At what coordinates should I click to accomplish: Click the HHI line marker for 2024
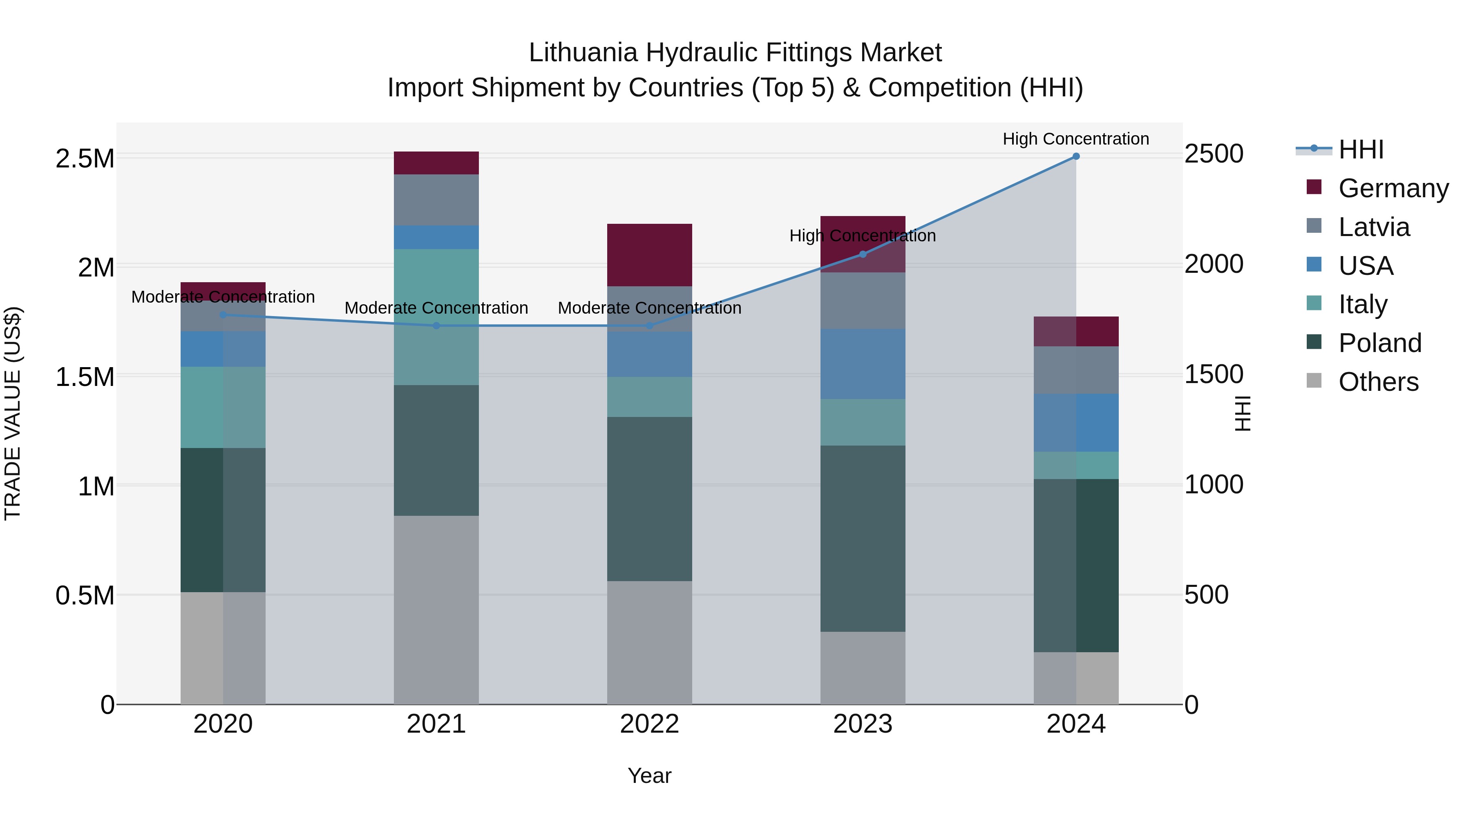pyautogui.click(x=1076, y=156)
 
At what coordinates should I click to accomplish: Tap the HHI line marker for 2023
pyautogui.click(x=863, y=254)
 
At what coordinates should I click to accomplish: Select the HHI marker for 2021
pyautogui.click(x=436, y=326)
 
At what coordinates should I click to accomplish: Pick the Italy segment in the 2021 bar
pyautogui.click(x=436, y=317)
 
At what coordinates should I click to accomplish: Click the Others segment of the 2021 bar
pyautogui.click(x=436, y=610)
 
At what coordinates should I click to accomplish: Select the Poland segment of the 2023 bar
pyautogui.click(x=863, y=538)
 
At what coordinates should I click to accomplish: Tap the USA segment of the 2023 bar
pyautogui.click(x=863, y=363)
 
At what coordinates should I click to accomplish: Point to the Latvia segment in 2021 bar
pyautogui.click(x=436, y=200)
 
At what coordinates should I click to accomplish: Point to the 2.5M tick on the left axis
pyautogui.click(x=85, y=159)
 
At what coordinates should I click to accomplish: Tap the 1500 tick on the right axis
pyautogui.click(x=1214, y=374)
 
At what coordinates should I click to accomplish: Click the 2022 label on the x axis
pyautogui.click(x=649, y=724)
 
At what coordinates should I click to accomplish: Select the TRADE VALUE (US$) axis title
pyautogui.click(x=13, y=413)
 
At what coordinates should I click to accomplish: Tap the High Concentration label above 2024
pyautogui.click(x=1076, y=139)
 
